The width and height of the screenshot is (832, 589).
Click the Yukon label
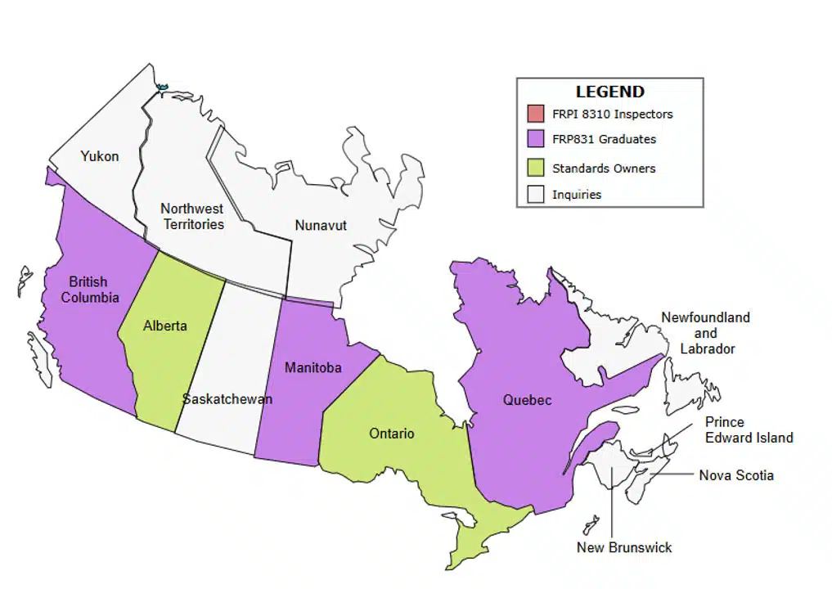click(99, 156)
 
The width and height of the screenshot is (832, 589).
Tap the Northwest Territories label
click(192, 216)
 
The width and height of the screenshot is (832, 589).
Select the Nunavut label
click(320, 225)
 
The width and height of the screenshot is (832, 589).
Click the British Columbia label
click(89, 290)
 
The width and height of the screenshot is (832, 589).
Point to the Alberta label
click(164, 326)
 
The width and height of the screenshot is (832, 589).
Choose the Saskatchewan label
click(227, 399)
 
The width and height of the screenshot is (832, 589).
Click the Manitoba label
click(313, 368)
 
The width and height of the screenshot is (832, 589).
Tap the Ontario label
click(391, 434)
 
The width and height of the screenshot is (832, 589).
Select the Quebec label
click(527, 400)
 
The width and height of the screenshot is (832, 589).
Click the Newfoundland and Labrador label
click(706, 332)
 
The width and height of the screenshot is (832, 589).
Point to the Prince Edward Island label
click(749, 430)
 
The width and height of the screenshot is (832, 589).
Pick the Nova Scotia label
click(735, 475)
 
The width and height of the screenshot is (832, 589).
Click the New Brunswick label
click(623, 547)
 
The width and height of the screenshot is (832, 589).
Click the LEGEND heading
click(609, 92)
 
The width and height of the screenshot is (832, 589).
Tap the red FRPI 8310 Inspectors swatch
click(536, 114)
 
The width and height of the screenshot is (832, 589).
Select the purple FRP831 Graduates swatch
click(536, 139)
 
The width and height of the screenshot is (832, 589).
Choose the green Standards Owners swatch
click(536, 168)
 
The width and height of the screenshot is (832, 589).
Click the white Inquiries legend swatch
click(536, 195)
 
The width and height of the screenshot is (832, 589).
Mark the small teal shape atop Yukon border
click(162, 86)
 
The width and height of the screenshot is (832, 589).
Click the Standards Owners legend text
click(604, 169)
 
